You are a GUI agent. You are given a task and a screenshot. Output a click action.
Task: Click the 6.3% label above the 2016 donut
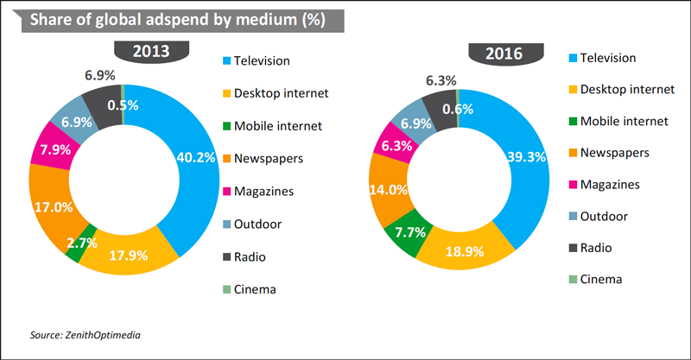tap(441, 80)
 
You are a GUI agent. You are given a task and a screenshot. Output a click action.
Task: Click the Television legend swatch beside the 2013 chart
tap(227, 61)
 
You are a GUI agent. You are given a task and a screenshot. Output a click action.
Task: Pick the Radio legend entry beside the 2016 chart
tap(595, 247)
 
